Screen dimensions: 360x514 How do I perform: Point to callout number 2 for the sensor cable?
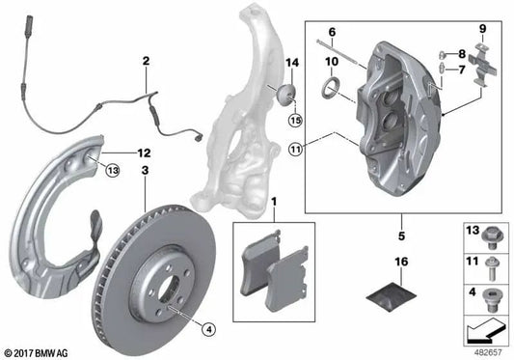(145, 63)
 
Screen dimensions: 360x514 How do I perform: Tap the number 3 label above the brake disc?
(145, 171)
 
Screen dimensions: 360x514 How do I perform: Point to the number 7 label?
(461, 70)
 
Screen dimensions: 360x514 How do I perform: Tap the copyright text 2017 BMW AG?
(40, 353)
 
